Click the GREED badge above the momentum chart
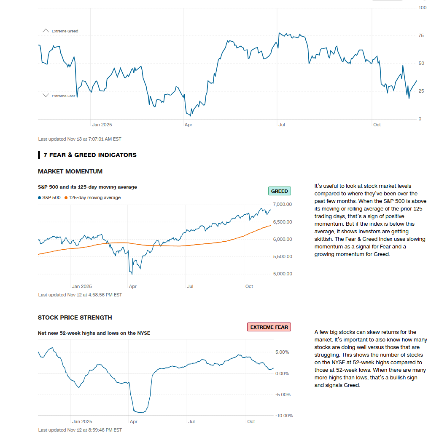click(x=279, y=191)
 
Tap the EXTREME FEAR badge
click(x=269, y=327)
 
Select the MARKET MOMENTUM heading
click(x=70, y=171)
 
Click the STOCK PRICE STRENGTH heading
click(x=75, y=317)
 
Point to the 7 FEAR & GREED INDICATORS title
click(x=90, y=155)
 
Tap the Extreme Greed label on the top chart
click(x=65, y=31)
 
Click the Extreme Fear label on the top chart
click(x=63, y=96)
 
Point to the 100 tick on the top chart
click(x=422, y=8)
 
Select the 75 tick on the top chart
click(x=421, y=35)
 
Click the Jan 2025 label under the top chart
click(x=102, y=125)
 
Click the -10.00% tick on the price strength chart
click(x=284, y=416)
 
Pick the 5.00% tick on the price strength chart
click(x=282, y=352)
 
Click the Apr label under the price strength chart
click(x=134, y=421)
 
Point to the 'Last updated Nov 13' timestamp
click(x=79, y=139)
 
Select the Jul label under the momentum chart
click(x=190, y=286)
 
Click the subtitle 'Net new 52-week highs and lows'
click(x=94, y=333)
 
